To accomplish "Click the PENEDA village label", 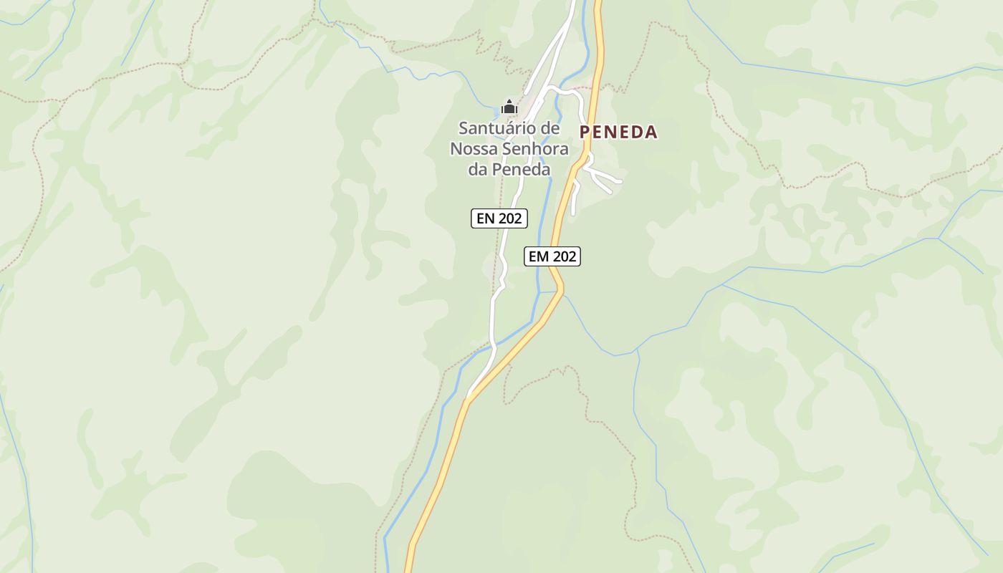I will point(618,132).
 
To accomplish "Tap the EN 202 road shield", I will point(499,218).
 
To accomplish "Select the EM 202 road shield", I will point(552,256).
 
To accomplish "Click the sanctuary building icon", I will point(509,107).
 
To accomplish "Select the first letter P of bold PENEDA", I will point(585,132).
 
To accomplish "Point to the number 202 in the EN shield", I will point(509,218).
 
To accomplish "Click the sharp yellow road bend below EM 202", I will point(561,288).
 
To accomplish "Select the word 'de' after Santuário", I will point(549,129).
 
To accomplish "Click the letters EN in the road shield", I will point(486,218).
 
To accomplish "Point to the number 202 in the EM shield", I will point(563,256).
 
